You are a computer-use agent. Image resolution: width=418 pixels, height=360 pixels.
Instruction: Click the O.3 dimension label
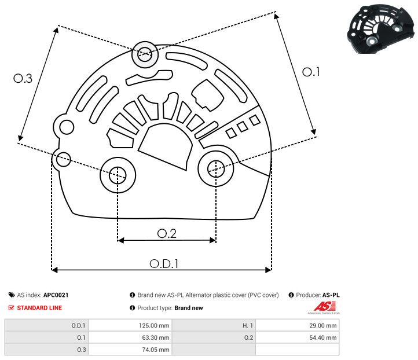tap(23, 79)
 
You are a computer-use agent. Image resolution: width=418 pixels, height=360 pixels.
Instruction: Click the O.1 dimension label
tap(311, 72)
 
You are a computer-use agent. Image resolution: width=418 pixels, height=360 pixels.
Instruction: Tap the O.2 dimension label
tap(166, 233)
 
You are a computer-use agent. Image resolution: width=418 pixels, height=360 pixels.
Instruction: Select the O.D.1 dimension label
tap(164, 263)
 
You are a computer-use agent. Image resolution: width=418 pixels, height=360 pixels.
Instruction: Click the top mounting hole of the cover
tap(144, 56)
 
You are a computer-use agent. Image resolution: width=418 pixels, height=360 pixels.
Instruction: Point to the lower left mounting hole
tap(118, 174)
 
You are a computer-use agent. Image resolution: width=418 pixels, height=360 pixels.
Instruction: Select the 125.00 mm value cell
tap(130, 325)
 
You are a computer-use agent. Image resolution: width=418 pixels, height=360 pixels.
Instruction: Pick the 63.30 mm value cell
tap(130, 337)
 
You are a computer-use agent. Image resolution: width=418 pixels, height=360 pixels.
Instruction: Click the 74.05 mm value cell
tap(130, 350)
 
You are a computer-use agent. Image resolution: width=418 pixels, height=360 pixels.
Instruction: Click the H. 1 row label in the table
tap(214, 325)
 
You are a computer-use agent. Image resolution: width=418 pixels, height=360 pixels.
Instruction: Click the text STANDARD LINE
tap(39, 308)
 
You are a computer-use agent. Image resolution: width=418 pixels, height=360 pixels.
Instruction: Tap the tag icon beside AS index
tap(12, 295)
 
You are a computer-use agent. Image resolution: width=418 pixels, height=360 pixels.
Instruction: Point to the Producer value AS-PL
tap(331, 295)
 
